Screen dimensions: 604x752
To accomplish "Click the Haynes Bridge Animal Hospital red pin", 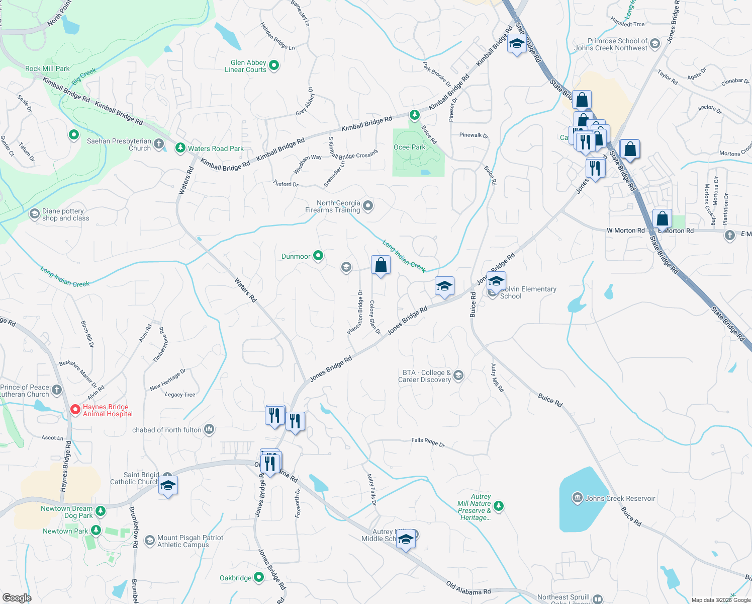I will pyautogui.click(x=75, y=410).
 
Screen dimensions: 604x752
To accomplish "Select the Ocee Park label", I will pyautogui.click(x=409, y=147).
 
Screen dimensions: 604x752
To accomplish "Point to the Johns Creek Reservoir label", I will pyautogui.click(x=620, y=498).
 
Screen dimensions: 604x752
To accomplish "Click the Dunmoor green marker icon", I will pyautogui.click(x=318, y=256).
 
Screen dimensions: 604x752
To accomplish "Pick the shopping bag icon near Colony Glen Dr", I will pyautogui.click(x=381, y=265).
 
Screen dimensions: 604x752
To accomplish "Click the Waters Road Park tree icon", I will pyautogui.click(x=180, y=148).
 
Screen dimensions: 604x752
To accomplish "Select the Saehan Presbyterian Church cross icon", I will pyautogui.click(x=159, y=144).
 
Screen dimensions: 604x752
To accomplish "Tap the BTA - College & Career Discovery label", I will pyautogui.click(x=425, y=376).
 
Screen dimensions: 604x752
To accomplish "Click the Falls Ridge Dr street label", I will pyautogui.click(x=428, y=442).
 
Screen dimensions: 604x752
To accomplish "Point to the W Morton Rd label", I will pyautogui.click(x=625, y=231).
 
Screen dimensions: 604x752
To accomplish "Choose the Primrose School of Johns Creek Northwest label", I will pyautogui.click(x=611, y=44).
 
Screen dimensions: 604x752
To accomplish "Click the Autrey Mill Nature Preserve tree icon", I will pyautogui.click(x=498, y=506).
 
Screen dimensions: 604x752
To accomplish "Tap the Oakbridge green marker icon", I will pyautogui.click(x=258, y=577).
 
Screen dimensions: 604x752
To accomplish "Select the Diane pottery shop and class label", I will pyautogui.click(x=65, y=214).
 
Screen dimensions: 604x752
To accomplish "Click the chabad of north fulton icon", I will pyautogui.click(x=209, y=429).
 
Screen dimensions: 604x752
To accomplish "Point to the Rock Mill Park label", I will pyautogui.click(x=47, y=68).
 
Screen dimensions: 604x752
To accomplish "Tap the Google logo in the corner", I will pyautogui.click(x=17, y=597).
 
